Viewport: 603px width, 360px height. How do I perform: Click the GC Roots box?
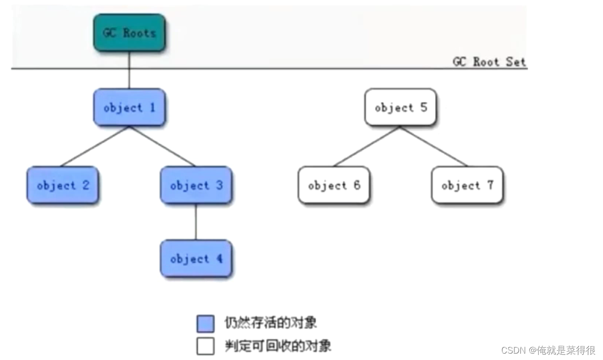(x=129, y=33)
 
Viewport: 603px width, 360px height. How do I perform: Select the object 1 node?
(x=129, y=107)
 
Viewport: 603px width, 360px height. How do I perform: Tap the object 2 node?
(x=62, y=185)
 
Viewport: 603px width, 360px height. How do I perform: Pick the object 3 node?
(x=196, y=185)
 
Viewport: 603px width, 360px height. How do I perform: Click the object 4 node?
(x=196, y=259)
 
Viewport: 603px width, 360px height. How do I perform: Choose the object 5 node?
(x=400, y=107)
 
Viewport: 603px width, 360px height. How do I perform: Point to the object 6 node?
(x=333, y=185)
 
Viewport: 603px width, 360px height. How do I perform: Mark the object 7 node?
(x=467, y=185)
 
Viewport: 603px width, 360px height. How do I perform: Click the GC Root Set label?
(x=489, y=62)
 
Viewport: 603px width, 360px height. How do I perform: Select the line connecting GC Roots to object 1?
(x=129, y=70)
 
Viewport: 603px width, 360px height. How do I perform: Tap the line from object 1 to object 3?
(x=162, y=146)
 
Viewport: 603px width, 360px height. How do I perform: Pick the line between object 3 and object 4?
(x=196, y=222)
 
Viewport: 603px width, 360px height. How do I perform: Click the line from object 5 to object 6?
(x=367, y=146)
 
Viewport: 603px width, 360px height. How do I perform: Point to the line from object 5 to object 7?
(x=434, y=146)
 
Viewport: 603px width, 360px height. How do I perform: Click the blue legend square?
(x=205, y=324)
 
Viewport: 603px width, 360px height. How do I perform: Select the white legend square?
(x=205, y=346)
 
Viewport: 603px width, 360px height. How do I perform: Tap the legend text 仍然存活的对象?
(x=271, y=323)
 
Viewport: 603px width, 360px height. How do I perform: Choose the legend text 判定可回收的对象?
(x=278, y=346)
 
